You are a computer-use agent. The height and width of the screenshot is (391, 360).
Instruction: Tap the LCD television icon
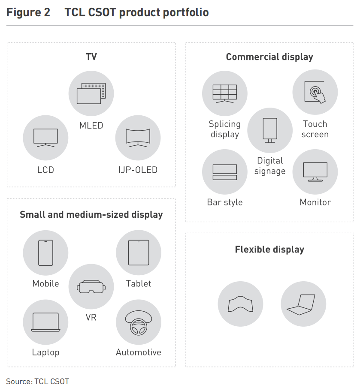pos(45,138)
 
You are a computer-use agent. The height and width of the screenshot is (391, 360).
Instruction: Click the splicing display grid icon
pos(225,92)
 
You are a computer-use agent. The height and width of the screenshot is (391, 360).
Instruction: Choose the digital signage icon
pos(270,130)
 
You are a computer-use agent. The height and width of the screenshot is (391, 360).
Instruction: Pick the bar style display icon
pos(225,172)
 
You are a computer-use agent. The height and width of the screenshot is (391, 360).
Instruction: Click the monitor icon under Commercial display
pos(315,172)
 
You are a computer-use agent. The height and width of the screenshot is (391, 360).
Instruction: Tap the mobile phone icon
pos(45,253)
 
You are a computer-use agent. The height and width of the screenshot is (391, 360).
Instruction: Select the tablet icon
pos(139,253)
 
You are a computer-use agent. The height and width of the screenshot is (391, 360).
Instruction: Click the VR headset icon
pos(91,286)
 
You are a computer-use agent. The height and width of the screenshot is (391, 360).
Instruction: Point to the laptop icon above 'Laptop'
pos(45,322)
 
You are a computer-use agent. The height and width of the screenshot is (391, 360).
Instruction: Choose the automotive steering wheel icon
pos(139,322)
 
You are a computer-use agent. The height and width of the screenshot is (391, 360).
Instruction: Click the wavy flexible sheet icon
pos(240,304)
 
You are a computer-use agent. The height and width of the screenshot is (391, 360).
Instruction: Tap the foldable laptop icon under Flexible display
pos(303,304)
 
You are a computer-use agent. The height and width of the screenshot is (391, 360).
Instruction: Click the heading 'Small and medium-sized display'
pos(91,214)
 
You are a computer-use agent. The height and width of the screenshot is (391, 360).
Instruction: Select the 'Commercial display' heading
pos(269,57)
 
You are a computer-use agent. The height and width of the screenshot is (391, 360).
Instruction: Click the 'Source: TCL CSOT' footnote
pos(38,381)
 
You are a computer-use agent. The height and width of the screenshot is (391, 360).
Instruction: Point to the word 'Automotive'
pos(139,352)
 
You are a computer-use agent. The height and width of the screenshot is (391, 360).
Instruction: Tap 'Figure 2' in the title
pos(28,12)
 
